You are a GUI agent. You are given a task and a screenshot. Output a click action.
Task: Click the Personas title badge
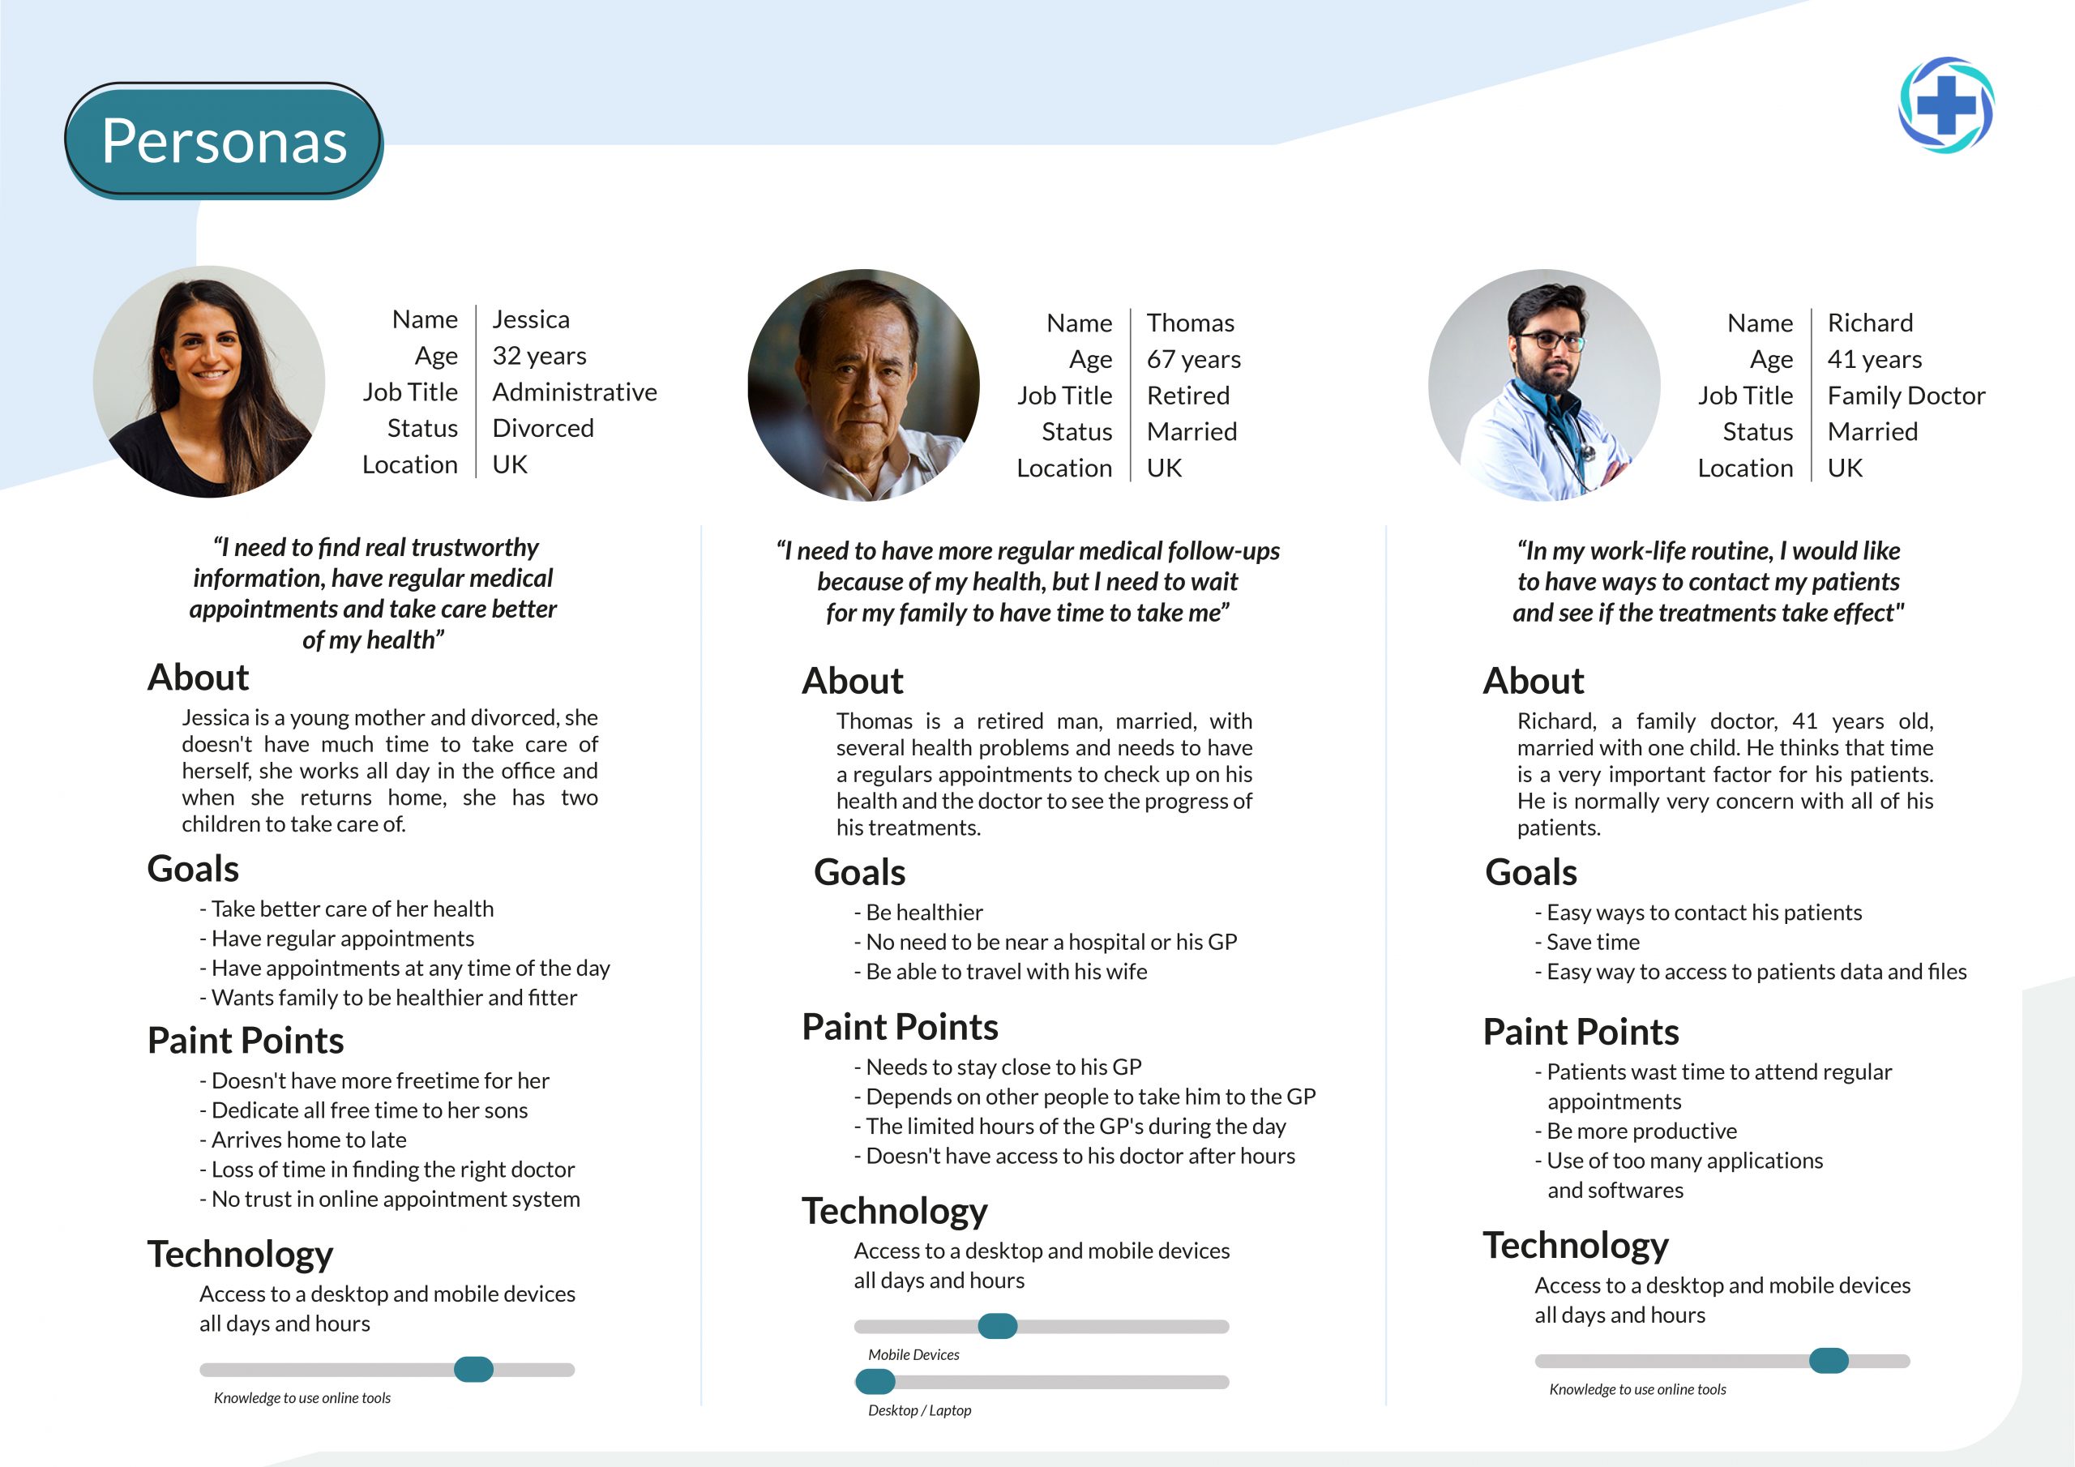click(x=225, y=141)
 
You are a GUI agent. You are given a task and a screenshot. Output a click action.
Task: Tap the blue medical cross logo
click(x=1946, y=105)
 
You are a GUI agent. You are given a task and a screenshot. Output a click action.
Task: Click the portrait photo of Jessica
click(x=209, y=382)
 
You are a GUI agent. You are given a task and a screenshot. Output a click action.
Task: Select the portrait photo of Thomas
click(x=863, y=385)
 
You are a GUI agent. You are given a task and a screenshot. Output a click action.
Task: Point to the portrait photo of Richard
click(x=1543, y=385)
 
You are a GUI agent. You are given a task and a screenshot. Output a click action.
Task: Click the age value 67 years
click(x=1193, y=360)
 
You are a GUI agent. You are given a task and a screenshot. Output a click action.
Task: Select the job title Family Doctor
click(x=1905, y=396)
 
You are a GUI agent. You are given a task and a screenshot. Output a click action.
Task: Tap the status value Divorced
click(x=542, y=429)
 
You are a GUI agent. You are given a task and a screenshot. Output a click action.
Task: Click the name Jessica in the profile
click(x=530, y=320)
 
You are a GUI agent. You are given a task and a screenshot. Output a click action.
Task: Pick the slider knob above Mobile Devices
click(x=997, y=1326)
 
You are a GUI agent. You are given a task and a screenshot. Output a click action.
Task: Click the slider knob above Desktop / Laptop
click(x=875, y=1381)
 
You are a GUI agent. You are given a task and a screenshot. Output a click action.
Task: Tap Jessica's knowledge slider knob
click(x=473, y=1370)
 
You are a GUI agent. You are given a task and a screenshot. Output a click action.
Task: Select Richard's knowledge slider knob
click(x=1829, y=1360)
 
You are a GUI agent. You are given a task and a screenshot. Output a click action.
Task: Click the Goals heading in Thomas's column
click(x=858, y=873)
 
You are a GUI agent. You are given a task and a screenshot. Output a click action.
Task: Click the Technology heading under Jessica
click(x=241, y=1255)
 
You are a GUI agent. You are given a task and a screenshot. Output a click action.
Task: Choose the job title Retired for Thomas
click(x=1187, y=396)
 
